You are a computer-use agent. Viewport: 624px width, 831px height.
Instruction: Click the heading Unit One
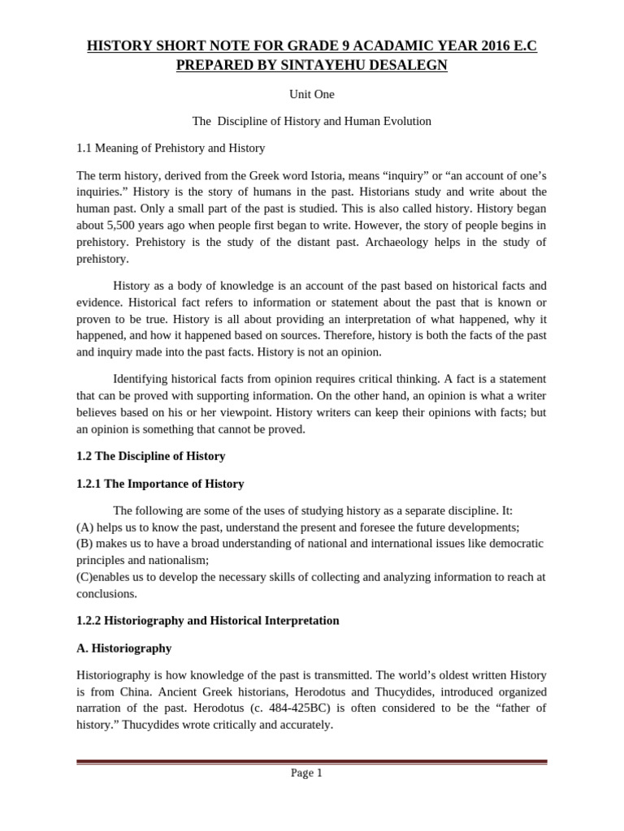point(311,94)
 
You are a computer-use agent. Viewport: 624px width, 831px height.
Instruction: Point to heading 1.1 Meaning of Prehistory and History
point(171,149)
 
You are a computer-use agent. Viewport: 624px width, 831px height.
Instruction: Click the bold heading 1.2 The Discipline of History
point(150,456)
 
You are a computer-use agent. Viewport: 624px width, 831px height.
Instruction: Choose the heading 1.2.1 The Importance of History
point(160,484)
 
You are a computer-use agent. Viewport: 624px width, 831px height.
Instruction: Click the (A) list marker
point(85,527)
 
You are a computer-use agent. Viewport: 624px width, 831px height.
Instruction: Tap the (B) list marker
point(85,543)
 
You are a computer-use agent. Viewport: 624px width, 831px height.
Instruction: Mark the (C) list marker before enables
point(85,577)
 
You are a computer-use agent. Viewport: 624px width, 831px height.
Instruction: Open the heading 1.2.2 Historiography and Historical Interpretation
point(207,621)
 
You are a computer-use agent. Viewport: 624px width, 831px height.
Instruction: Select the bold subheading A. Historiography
point(123,648)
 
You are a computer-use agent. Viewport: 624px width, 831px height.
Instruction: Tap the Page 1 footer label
point(306,773)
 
